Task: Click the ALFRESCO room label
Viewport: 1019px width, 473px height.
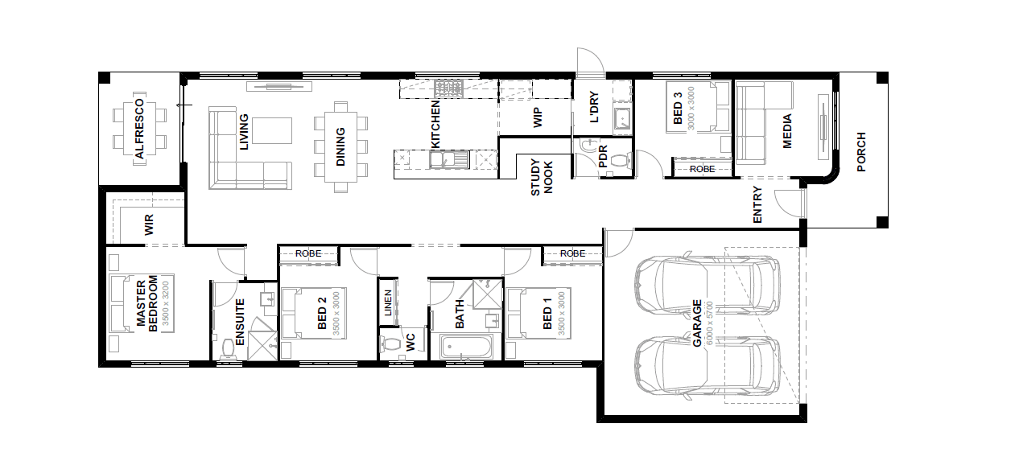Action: tap(140, 129)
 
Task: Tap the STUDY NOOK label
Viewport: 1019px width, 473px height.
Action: tap(542, 177)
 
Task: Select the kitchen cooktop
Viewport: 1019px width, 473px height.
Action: tap(448, 88)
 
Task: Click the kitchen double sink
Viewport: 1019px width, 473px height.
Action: tap(449, 159)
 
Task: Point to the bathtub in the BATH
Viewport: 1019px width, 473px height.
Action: tap(466, 348)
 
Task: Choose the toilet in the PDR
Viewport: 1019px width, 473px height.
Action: tap(620, 161)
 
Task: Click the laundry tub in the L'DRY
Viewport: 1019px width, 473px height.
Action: tap(622, 119)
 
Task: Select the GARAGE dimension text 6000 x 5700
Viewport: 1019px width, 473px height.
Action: tap(710, 323)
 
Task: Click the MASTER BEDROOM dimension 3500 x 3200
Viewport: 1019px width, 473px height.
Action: tap(165, 303)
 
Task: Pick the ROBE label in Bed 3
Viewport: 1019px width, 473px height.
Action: tap(702, 169)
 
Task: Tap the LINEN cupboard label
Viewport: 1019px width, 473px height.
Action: tap(388, 303)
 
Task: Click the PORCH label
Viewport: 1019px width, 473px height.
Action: tap(860, 152)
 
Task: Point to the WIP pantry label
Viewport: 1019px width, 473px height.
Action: tap(537, 117)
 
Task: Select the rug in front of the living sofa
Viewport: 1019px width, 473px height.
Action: tap(271, 131)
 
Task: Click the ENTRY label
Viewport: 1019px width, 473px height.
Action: tap(757, 204)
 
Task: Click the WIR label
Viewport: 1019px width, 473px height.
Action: tap(149, 224)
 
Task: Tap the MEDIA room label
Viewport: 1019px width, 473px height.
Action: tap(787, 131)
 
